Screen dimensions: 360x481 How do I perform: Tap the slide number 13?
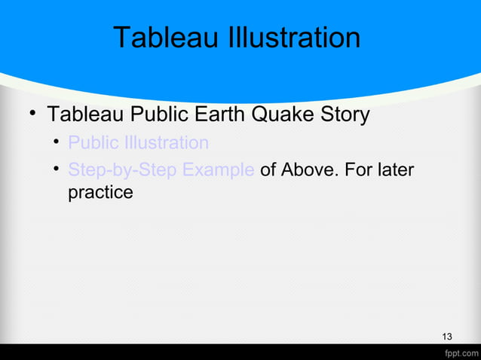tap(447, 336)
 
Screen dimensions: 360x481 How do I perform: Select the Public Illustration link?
tap(138, 142)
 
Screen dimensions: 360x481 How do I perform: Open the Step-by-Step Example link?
tap(161, 169)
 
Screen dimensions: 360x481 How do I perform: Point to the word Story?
tap(344, 115)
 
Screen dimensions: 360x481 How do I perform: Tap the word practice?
tap(100, 193)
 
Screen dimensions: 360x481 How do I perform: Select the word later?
tap(394, 169)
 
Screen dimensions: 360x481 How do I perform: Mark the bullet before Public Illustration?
tap(57, 142)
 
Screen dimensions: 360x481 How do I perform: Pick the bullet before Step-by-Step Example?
tap(57, 169)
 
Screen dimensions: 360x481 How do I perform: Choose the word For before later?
tap(357, 169)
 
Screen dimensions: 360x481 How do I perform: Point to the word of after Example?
tap(268, 169)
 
